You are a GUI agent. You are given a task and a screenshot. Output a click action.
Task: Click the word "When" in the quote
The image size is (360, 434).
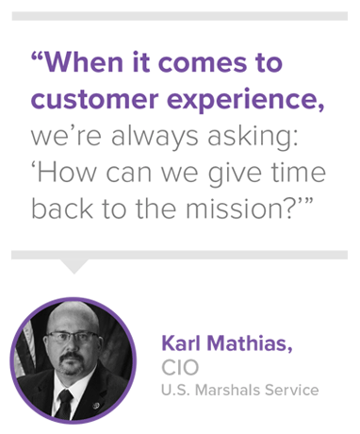click(x=89, y=64)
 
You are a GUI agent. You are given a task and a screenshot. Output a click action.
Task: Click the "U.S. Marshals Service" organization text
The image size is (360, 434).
click(x=239, y=389)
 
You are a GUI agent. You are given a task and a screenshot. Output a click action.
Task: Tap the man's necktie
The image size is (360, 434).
click(x=65, y=400)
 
